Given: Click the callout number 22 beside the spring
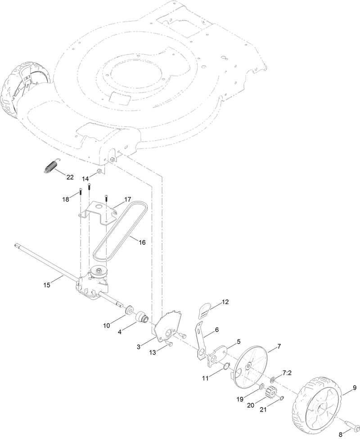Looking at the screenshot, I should click(70, 177).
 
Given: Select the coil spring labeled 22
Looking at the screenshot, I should click(49, 166).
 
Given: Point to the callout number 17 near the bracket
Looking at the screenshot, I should click(127, 199).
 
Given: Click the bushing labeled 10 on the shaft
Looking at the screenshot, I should click(128, 310).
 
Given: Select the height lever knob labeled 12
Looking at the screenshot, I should click(206, 309).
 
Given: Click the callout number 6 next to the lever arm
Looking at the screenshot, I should click(216, 330).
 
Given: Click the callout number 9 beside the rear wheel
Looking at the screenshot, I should click(354, 388).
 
